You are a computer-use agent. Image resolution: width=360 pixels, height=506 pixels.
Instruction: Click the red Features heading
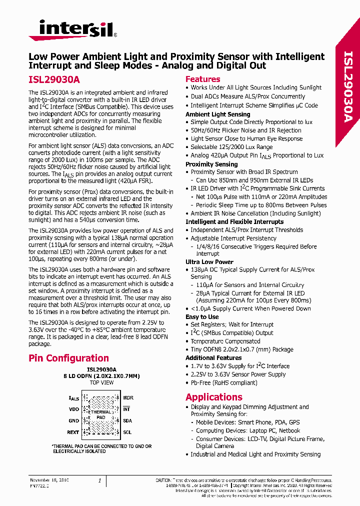click(x=202, y=79)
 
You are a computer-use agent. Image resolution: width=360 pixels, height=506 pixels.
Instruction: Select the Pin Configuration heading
click(x=68, y=358)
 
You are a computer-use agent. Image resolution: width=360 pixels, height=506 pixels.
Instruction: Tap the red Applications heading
click(x=213, y=397)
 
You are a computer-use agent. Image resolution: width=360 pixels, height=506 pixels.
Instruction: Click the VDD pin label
click(x=73, y=409)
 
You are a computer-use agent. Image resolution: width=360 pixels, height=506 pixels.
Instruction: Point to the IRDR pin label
click(x=128, y=398)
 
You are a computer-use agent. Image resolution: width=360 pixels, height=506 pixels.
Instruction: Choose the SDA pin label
click(x=127, y=421)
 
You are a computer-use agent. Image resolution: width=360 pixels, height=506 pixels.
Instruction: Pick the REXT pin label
click(x=73, y=432)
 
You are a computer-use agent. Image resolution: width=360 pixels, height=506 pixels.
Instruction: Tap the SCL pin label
click(x=127, y=432)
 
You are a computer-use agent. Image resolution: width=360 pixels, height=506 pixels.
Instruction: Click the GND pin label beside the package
click(x=73, y=421)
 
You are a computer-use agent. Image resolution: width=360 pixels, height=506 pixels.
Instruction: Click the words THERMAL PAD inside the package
click(x=100, y=414)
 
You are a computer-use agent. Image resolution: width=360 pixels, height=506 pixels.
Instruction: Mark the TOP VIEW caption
click(x=101, y=382)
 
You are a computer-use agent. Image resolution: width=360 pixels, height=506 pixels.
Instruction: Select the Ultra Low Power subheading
click(x=209, y=261)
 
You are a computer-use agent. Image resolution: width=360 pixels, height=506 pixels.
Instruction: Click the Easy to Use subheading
click(x=202, y=316)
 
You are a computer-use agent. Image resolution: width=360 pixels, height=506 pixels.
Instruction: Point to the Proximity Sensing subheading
click(x=211, y=164)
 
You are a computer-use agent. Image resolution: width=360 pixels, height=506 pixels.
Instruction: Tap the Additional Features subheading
click(x=213, y=358)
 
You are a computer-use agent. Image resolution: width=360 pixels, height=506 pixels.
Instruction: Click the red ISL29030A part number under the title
click(x=54, y=79)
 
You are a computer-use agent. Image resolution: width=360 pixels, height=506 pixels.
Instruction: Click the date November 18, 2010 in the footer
click(x=49, y=480)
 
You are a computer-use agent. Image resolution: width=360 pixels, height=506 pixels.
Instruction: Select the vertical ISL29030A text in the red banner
click(x=348, y=85)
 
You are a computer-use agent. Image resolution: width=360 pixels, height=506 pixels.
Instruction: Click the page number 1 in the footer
click(x=100, y=480)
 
